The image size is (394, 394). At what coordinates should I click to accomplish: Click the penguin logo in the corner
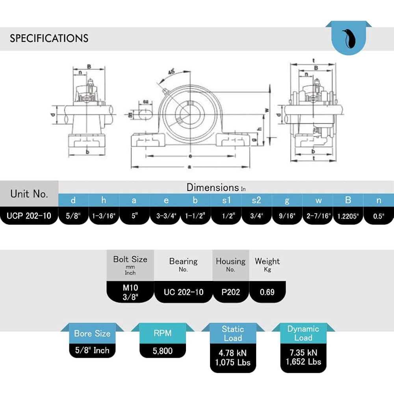[x=349, y=39]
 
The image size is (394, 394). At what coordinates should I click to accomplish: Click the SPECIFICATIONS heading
[x=49, y=38]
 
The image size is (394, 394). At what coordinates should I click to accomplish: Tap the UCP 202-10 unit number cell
[x=29, y=216]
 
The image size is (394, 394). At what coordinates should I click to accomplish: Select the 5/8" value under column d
[x=73, y=216]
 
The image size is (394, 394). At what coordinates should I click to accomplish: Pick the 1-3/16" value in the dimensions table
[x=104, y=216]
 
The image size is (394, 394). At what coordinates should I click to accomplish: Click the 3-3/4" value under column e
[x=165, y=216]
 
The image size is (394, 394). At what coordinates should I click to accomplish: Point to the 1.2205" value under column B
[x=348, y=216]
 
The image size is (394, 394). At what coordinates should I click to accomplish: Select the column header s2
[x=256, y=200]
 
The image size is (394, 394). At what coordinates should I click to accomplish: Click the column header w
[x=318, y=200]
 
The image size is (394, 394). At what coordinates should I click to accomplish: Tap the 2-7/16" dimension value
[x=318, y=216]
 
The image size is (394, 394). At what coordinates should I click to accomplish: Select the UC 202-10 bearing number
[x=183, y=292]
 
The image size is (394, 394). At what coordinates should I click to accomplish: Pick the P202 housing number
[x=230, y=292]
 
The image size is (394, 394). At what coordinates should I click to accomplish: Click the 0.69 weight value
[x=267, y=292]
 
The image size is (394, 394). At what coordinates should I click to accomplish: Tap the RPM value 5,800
[x=162, y=350]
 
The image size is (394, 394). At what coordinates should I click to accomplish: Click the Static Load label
[x=232, y=333]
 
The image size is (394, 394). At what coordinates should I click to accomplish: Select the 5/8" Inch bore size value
[x=92, y=350]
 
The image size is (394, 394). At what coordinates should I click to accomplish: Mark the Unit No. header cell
[x=29, y=194]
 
